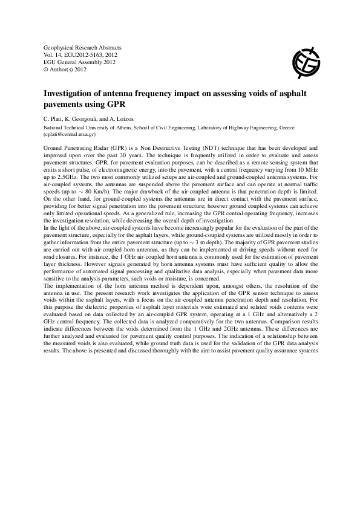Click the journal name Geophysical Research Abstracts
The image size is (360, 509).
83,47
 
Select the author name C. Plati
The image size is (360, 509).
56,118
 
